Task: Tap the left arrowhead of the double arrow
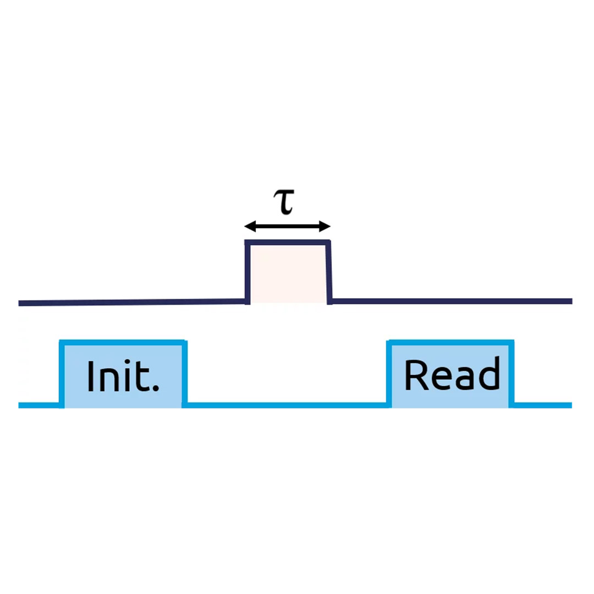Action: pyautogui.click(x=249, y=226)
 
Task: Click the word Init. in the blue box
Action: pyautogui.click(x=123, y=377)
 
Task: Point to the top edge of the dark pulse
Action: pyautogui.click(x=288, y=243)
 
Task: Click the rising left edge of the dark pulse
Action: pyautogui.click(x=248, y=272)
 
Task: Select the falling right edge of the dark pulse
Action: pyautogui.click(x=329, y=272)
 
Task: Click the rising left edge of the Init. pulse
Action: pyautogui.click(x=62, y=374)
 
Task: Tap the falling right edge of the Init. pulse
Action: pyautogui.click(x=185, y=374)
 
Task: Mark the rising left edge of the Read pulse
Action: pyautogui.click(x=389, y=374)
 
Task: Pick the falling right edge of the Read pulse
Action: pyautogui.click(x=512, y=374)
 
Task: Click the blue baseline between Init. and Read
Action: pyautogui.click(x=286, y=405)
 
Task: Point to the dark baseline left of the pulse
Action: pyautogui.click(x=132, y=302)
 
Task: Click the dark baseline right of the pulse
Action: pyautogui.click(x=451, y=301)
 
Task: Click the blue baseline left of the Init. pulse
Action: pyautogui.click(x=38, y=406)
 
